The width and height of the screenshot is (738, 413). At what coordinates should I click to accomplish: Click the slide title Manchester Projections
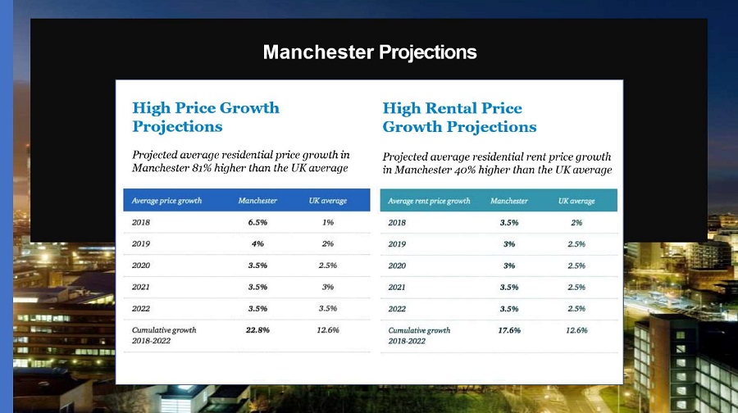[369, 52]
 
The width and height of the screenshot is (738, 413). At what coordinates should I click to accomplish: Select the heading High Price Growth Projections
[206, 117]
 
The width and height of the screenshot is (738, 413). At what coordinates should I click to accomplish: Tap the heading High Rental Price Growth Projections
[459, 117]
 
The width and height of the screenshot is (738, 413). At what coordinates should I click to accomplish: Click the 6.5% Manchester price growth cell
[258, 222]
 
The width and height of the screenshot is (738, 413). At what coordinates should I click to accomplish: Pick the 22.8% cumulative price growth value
[258, 329]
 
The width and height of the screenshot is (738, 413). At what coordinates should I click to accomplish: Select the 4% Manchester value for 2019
[258, 243]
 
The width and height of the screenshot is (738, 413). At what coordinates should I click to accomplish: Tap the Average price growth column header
[166, 201]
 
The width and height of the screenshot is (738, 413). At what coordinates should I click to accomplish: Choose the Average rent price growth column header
[429, 201]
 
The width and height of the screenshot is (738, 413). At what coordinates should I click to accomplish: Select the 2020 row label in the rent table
[397, 265]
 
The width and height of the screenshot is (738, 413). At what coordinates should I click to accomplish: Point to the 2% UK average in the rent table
[576, 222]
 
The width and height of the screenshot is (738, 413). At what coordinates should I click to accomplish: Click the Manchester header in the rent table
[508, 201]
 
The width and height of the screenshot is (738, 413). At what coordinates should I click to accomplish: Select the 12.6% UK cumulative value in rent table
[576, 329]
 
